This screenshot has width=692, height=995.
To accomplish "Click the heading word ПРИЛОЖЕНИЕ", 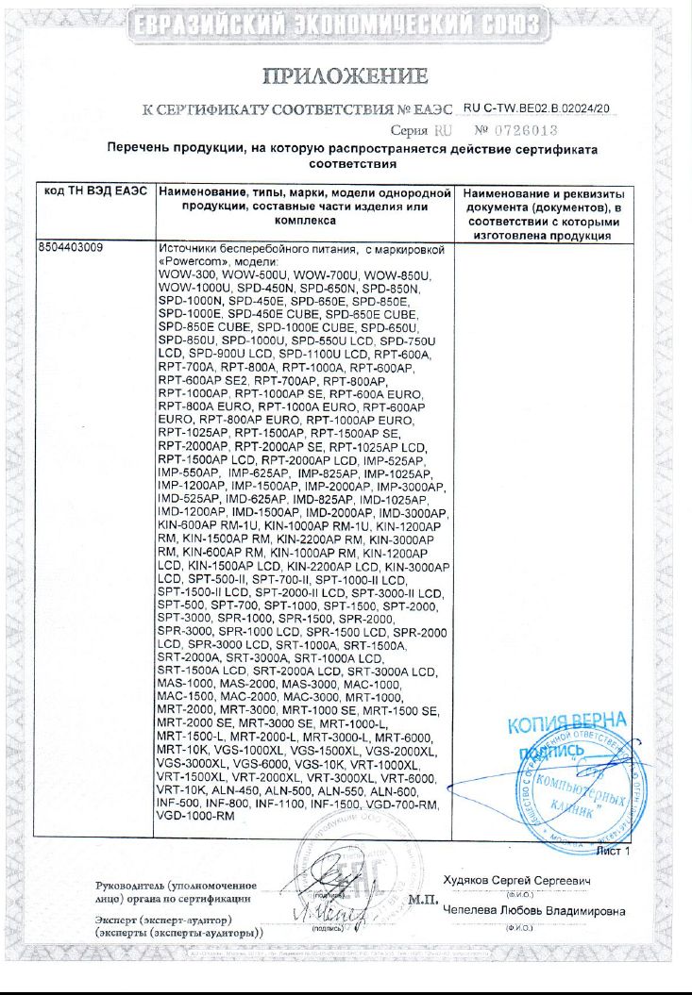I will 346,75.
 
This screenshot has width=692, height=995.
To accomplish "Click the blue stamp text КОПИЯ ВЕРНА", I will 563,725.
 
